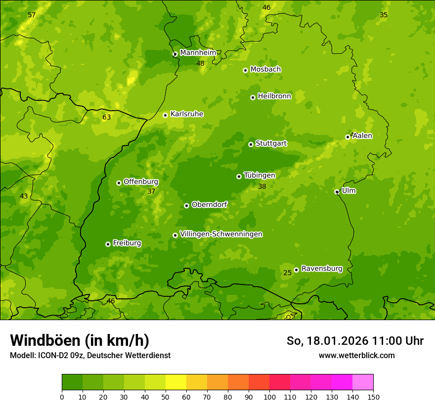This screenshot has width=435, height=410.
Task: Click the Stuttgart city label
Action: [271, 143]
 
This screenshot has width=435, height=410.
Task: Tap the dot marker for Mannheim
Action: [175, 54]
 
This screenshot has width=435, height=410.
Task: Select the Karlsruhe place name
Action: [187, 114]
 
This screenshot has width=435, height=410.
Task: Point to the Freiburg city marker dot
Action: [108, 244]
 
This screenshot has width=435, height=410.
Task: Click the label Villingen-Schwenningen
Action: [221, 234]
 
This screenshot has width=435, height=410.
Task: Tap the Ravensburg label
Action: [322, 269]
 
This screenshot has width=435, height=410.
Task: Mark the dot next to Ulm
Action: [337, 192]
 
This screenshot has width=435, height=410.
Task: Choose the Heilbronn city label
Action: [274, 96]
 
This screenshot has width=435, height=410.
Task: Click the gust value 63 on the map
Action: [107, 118]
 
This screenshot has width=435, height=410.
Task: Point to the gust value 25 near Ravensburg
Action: [288, 273]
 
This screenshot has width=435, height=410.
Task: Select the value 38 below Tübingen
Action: [262, 187]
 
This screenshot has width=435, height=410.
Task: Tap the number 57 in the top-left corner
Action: [32, 15]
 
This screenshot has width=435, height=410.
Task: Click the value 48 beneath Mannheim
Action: [200, 64]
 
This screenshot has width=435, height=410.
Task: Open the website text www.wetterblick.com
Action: [356, 355]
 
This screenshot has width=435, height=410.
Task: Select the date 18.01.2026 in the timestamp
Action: [336, 341]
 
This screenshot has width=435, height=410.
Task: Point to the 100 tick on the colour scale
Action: [269, 397]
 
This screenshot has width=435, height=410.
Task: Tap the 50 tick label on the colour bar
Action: [166, 397]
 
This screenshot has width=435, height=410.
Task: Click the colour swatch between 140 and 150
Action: [363, 382]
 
